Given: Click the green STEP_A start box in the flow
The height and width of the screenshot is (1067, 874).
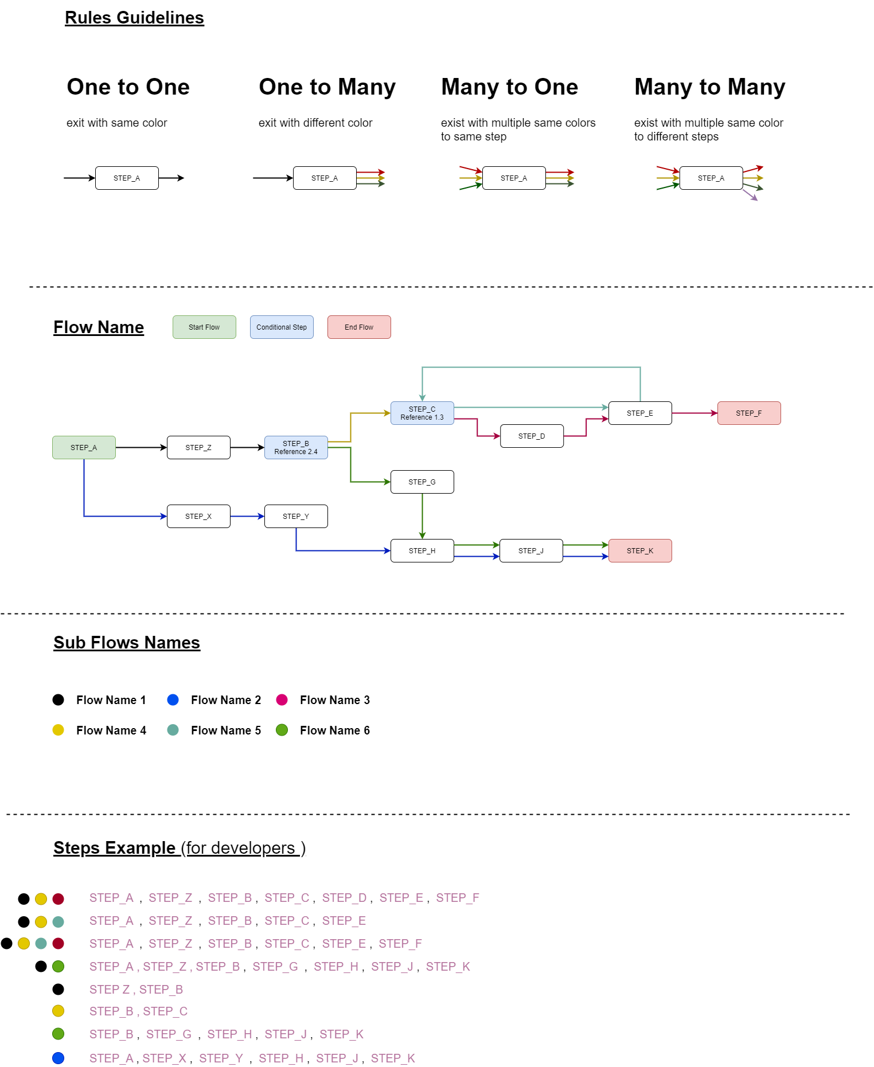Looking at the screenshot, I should coord(84,447).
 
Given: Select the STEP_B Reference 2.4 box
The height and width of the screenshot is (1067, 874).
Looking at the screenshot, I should coord(296,447).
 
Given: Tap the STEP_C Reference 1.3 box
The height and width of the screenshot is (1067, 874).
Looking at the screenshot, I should coord(422,413).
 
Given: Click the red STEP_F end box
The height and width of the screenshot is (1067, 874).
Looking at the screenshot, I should coord(748,413).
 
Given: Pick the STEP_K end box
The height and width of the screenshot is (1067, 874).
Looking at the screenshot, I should coord(640,550).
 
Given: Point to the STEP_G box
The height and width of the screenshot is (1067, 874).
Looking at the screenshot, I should coord(422,482).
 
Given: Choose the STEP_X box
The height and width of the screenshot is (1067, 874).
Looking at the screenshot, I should coord(198,516).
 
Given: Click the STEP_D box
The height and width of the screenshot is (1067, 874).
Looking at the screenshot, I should coord(532,436).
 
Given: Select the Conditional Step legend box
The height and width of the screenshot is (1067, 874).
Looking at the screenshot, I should coord(282,327).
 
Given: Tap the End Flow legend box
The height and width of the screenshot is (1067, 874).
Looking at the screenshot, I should coord(359,327).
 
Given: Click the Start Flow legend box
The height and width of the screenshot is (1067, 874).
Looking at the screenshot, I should coord(204,327).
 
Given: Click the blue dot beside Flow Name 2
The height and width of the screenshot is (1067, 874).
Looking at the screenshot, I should coord(173,699).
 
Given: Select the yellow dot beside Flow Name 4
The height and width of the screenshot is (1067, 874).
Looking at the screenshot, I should coord(58,730).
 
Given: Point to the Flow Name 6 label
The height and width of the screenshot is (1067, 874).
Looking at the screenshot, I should coord(334,730).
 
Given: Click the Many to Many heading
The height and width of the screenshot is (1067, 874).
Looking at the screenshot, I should coord(709,87).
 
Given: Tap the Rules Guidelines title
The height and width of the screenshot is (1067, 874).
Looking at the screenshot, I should coord(134,18).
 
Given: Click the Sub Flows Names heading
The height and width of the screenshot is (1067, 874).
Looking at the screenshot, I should coord(127,643).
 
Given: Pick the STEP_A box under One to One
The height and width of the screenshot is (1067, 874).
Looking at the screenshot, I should coord(127,178).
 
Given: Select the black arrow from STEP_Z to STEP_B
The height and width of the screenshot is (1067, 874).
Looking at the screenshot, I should coord(247,447).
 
